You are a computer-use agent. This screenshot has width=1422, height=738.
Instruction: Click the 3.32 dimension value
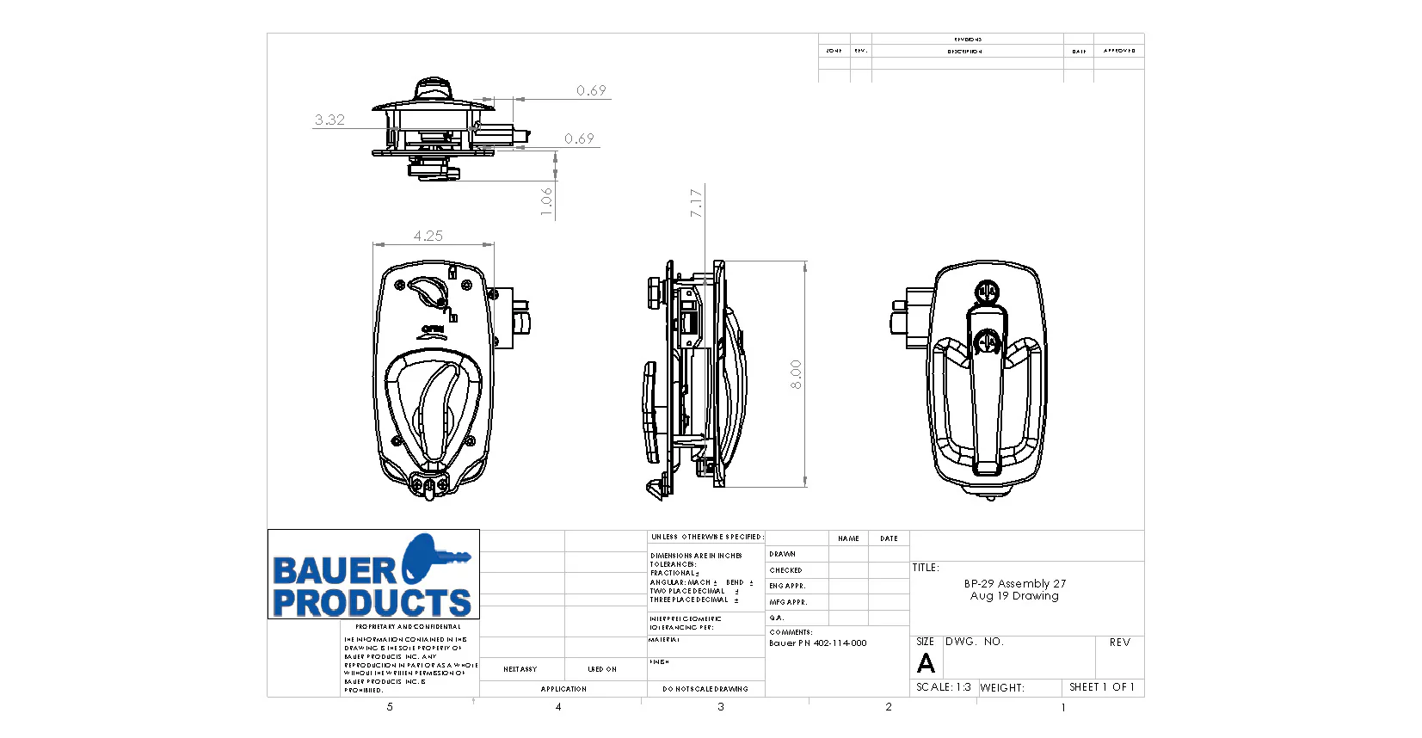(x=329, y=120)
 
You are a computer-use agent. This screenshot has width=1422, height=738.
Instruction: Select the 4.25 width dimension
(x=428, y=236)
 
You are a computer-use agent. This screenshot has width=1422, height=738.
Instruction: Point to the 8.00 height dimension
(x=796, y=374)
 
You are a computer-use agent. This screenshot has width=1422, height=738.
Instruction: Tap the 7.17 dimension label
(x=696, y=203)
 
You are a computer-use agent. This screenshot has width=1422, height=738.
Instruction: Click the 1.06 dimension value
(x=546, y=202)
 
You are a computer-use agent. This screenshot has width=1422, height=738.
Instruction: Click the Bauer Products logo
(x=373, y=575)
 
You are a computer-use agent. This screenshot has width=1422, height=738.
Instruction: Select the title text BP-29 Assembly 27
(x=1014, y=583)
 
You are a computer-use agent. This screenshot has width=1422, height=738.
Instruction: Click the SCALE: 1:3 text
(x=943, y=687)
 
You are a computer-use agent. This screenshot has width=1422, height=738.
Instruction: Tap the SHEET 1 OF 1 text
(x=1101, y=687)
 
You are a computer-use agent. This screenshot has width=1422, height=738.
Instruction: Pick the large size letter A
(x=926, y=663)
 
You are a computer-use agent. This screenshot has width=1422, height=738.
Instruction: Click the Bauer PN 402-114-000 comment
(x=817, y=643)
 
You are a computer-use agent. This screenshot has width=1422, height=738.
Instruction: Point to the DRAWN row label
(x=783, y=554)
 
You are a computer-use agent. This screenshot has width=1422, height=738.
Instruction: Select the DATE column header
(x=889, y=538)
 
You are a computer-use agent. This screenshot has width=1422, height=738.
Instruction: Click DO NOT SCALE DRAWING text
(x=705, y=689)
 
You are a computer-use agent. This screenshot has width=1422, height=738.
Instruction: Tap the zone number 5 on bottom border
(x=390, y=707)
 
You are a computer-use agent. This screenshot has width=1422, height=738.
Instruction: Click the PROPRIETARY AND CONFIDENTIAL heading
(x=408, y=627)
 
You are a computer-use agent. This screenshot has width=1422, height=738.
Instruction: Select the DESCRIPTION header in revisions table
(x=964, y=52)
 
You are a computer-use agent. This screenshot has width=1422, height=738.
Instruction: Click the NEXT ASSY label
(x=520, y=669)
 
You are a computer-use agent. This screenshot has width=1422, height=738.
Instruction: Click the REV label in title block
(x=1119, y=643)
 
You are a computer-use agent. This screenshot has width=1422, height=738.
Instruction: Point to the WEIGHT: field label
(x=1002, y=688)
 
